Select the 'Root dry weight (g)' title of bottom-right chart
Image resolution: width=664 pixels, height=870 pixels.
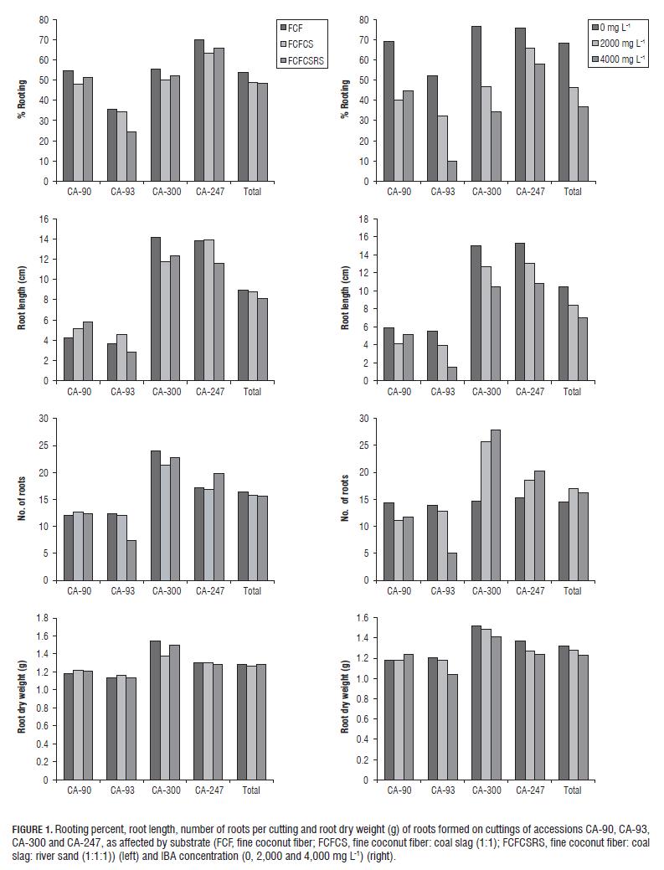(x=344, y=698)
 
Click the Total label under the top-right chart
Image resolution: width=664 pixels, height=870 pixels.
(x=573, y=192)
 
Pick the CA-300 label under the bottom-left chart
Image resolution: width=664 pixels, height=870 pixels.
(x=164, y=790)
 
